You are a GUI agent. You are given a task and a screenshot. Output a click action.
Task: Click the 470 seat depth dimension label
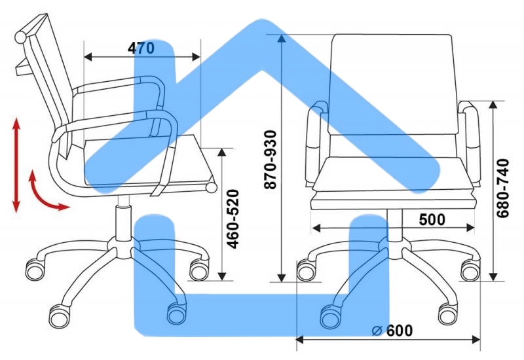[x=141, y=48]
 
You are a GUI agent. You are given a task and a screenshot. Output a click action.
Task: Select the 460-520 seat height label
[x=233, y=219]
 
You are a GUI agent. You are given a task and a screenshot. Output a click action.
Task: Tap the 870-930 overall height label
[x=271, y=160]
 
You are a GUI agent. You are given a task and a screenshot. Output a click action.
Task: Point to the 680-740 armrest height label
[x=502, y=189]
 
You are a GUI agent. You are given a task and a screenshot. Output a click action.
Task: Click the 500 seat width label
[x=432, y=219]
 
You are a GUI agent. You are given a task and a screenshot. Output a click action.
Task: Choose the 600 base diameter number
[x=400, y=331]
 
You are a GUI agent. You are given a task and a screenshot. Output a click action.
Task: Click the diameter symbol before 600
[x=377, y=331]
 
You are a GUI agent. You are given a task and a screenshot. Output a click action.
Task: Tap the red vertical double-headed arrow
[x=16, y=165]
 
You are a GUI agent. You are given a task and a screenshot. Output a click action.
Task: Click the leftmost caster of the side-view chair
[x=35, y=270]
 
